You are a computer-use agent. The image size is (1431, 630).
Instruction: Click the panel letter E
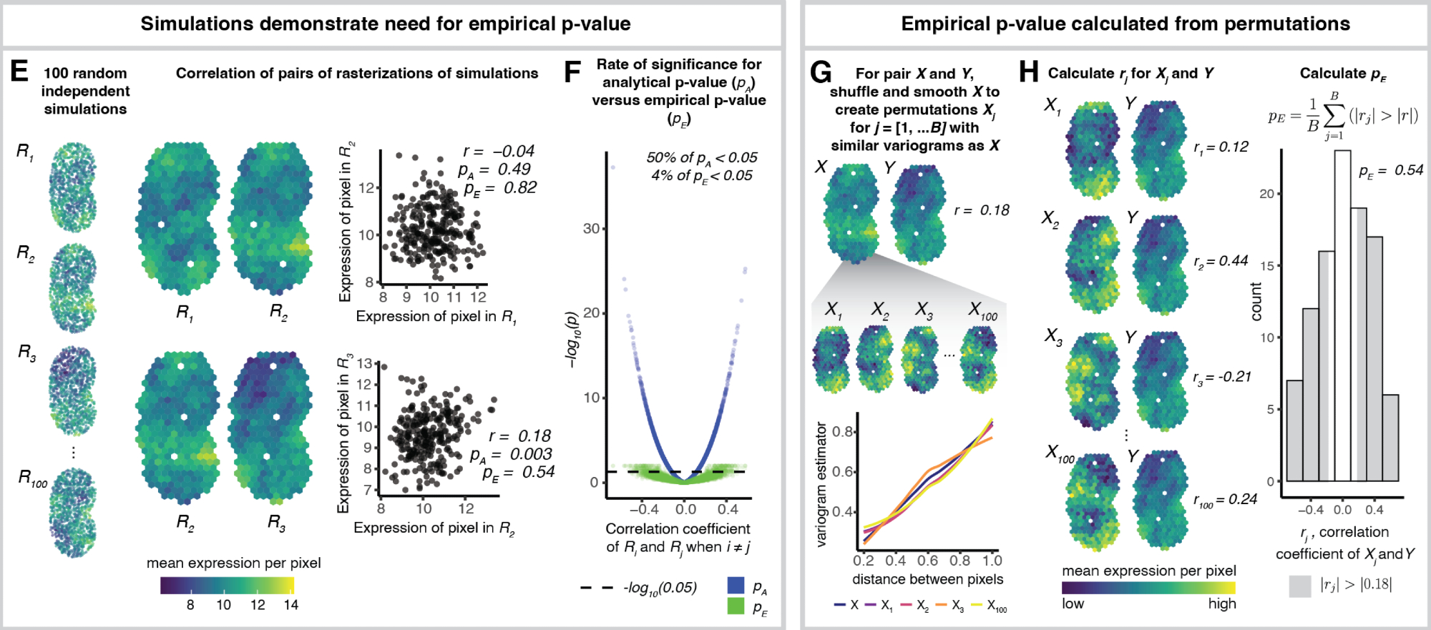19,72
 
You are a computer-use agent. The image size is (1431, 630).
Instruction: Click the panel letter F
572,72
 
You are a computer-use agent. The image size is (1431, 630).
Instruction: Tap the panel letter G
821,72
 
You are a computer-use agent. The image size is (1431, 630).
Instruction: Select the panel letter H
1028,72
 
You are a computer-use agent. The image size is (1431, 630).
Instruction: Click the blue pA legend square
736,586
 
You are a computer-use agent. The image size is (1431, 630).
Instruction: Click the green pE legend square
736,606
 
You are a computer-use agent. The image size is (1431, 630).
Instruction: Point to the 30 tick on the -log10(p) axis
591,229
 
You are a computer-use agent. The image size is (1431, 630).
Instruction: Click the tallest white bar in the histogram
1342,315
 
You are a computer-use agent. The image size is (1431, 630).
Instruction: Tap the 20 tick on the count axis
1266,194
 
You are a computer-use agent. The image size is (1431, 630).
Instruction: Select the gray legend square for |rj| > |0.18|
1300,586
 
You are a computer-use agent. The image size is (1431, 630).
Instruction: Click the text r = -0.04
499,152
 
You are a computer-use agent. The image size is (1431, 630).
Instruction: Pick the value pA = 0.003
511,454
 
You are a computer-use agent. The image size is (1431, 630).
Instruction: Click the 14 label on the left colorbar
290,605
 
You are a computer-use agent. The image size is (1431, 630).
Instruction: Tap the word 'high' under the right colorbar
1222,604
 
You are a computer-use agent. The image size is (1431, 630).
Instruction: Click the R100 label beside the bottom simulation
32,478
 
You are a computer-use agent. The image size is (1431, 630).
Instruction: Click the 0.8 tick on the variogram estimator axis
843,432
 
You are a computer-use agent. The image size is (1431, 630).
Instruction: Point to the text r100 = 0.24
1224,500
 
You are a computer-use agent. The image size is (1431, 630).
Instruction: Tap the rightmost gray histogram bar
1390,438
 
